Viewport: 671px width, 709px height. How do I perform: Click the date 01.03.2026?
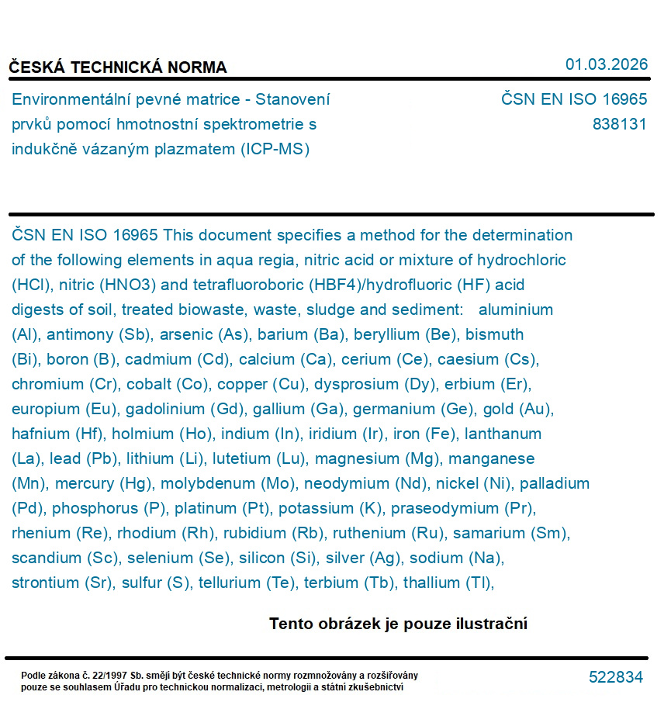pos(606,64)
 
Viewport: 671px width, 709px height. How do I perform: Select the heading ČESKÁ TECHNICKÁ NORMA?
pos(118,67)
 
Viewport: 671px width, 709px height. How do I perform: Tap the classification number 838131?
pos(619,124)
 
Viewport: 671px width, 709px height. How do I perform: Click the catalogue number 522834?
pos(616,677)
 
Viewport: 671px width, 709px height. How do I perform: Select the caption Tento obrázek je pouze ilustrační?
pos(398,624)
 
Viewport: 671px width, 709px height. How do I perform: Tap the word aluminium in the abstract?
pos(516,310)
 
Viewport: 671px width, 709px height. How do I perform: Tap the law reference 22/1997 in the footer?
pos(106,676)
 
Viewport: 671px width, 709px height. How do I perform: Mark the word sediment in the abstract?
pos(427,310)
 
